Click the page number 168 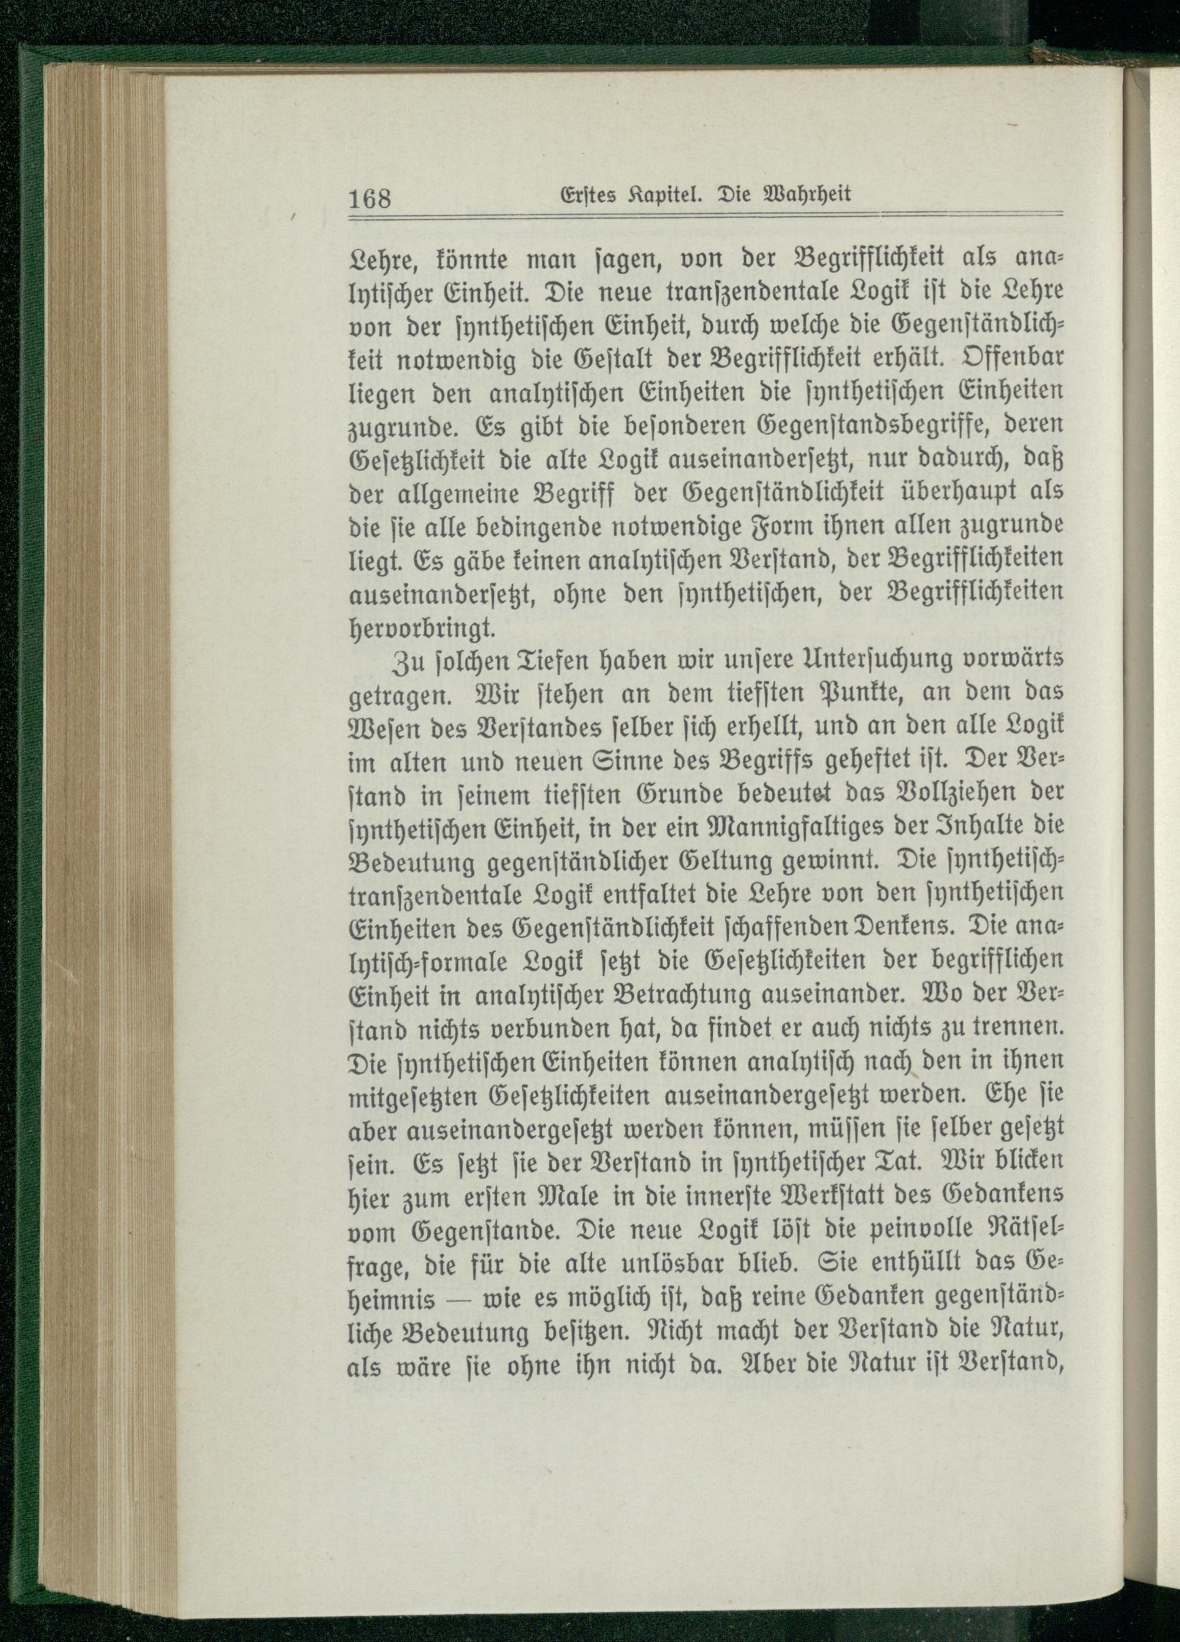pos(370,197)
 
